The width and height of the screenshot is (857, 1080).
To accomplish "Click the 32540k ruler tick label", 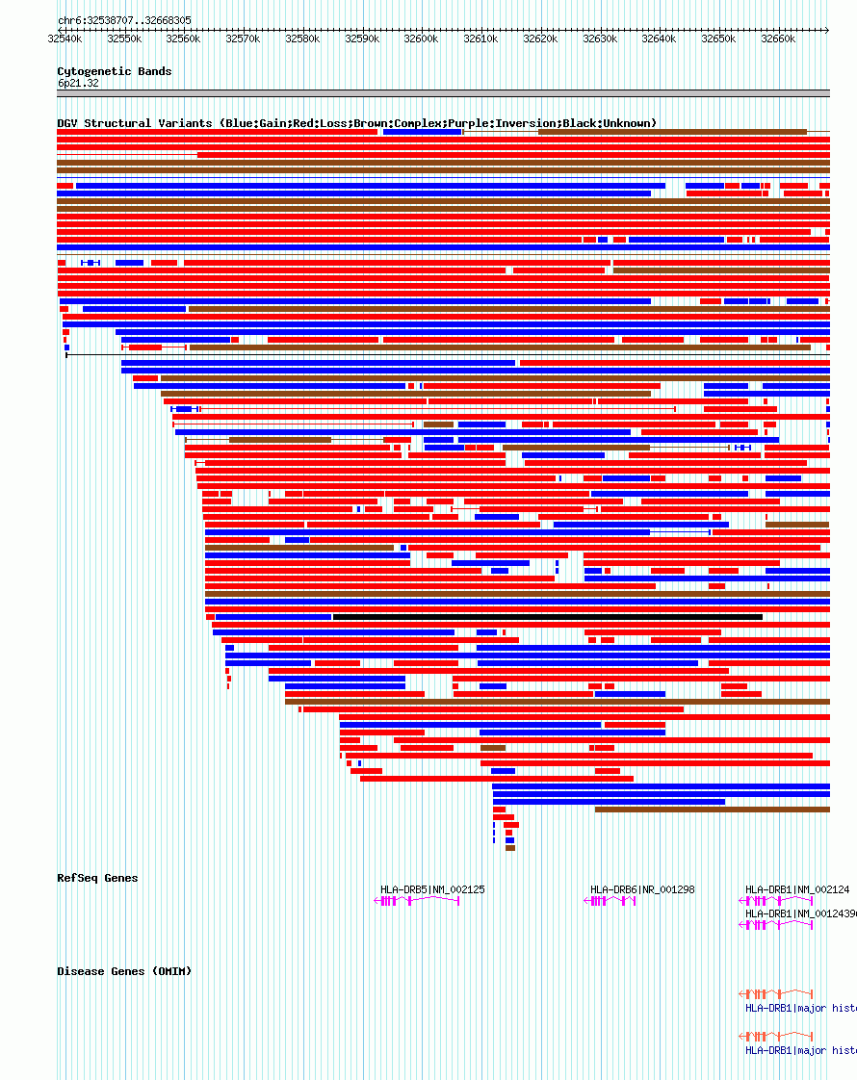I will tap(65, 39).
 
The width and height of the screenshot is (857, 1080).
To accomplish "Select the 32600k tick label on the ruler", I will tap(421, 39).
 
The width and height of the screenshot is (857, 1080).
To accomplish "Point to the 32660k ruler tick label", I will tap(778, 39).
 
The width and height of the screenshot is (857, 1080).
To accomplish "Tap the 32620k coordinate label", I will tap(540, 39).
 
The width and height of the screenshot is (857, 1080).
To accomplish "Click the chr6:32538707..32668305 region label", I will tap(124, 20).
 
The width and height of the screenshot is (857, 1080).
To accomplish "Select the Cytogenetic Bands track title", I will tap(114, 71).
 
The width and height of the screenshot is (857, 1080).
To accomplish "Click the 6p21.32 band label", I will tap(78, 84).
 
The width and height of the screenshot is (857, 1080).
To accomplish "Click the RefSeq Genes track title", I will tap(97, 878).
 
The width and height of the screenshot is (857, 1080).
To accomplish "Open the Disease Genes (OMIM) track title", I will tap(124, 971).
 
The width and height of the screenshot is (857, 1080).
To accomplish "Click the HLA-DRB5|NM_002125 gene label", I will tap(432, 889).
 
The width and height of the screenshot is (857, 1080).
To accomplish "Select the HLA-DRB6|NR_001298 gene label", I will tap(642, 889).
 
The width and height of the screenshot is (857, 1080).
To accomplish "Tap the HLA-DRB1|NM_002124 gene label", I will tap(797, 889).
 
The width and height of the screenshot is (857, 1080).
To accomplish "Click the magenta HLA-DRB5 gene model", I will tap(416, 901).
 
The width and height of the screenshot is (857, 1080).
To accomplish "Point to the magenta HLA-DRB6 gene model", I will tap(610, 901).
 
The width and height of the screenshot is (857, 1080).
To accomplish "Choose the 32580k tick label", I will tap(302, 39).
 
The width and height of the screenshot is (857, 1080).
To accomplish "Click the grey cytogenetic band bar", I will tap(443, 93).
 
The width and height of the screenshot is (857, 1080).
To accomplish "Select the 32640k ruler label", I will tap(659, 39).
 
